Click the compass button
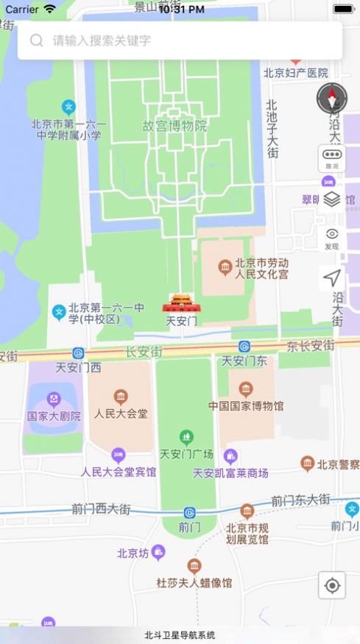pos(332,98)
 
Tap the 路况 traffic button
pos(332,158)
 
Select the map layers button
pos(332,199)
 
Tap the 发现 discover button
pos(332,238)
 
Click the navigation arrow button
pos(332,278)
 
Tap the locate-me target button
pos(332,585)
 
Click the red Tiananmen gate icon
pos(180,304)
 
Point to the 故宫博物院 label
pos(174,126)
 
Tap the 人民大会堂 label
pos(121,413)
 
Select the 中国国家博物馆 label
pos(245,406)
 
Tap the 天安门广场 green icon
pos(187,437)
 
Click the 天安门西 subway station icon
pos(78,353)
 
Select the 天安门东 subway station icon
pos(244,347)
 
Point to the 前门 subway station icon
pos(189,512)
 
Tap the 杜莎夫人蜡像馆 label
pos(194,582)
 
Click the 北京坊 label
pos(133,553)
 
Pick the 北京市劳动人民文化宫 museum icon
pos(225,269)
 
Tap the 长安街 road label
pos(144,353)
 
